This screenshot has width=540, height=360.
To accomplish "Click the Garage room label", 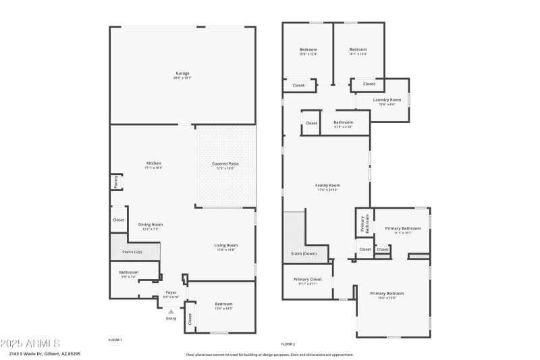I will pyautogui.click(x=182, y=73).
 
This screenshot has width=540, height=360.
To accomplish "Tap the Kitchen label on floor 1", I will pyautogui.click(x=154, y=163).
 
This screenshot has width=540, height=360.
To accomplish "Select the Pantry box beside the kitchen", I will pyautogui.click(x=115, y=182).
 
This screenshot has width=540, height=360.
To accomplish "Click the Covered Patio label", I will pyautogui.click(x=225, y=163).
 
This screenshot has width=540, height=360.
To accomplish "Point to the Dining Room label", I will pyautogui.click(x=151, y=224).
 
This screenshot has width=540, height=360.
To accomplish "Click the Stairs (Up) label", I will pyautogui.click(x=132, y=251).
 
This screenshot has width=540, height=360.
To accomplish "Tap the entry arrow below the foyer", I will pyautogui.click(x=171, y=311).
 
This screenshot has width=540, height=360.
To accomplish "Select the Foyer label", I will pyautogui.click(x=171, y=292).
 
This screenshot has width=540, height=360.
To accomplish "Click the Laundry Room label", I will pyautogui.click(x=387, y=100).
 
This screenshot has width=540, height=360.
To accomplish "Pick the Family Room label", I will pyautogui.click(x=327, y=185).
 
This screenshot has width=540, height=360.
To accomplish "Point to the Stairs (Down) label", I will pyautogui.click(x=304, y=254).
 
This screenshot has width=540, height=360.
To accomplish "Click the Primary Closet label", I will pyautogui.click(x=307, y=279).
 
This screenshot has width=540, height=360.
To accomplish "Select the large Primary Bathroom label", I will pyautogui.click(x=402, y=228).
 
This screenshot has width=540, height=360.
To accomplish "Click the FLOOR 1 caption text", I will pyautogui.click(x=115, y=340).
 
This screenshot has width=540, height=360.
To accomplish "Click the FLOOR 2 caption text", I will pyautogui.click(x=288, y=344).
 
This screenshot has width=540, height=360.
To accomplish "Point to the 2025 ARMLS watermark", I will pyautogui.click(x=30, y=343).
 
